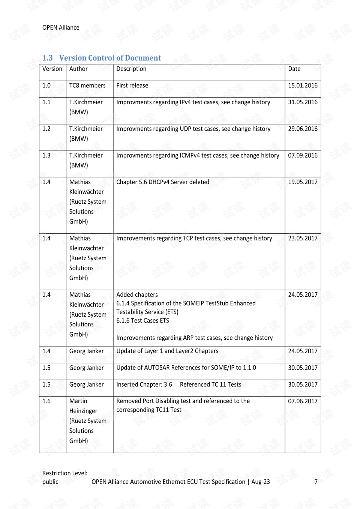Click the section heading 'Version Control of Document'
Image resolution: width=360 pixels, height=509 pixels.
tap(110, 58)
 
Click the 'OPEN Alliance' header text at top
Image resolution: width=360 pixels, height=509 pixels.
tap(61, 27)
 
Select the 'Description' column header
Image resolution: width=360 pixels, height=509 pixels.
tap(131, 69)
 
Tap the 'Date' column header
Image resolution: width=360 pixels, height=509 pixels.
tap(294, 69)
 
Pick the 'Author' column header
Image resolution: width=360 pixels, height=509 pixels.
tap(78, 69)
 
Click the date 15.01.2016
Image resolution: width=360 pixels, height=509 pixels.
tap(303, 86)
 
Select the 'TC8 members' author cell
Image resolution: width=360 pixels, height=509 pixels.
tap(87, 86)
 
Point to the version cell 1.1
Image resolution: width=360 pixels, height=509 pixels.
tap(46, 102)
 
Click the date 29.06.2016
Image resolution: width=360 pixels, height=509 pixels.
tap(303, 129)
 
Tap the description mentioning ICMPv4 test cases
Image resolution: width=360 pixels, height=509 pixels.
tap(198, 155)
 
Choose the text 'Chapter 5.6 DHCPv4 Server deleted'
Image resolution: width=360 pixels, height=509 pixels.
tap(163, 182)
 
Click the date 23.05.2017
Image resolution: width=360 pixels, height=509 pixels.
tap(303, 238)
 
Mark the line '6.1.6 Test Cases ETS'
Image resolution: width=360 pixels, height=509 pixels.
tap(142, 321)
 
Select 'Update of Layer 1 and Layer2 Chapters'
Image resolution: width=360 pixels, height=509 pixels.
tap(167, 351)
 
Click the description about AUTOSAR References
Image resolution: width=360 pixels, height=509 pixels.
tap(186, 368)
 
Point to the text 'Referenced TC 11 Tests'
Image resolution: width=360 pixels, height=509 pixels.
tap(210, 384)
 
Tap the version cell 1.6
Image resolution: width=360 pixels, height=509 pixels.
tap(46, 401)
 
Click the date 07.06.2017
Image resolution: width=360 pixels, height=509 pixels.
tap(303, 401)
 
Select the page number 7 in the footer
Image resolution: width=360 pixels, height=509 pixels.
tap(316, 482)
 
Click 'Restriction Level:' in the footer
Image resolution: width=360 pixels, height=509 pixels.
tap(65, 473)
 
